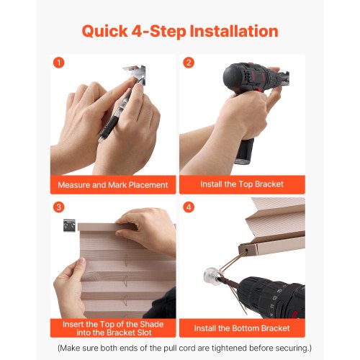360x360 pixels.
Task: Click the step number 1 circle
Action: pyautogui.click(x=58, y=63)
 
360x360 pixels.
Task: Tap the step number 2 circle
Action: pyautogui.click(x=189, y=63)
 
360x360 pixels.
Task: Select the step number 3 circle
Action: pyautogui.click(x=58, y=207)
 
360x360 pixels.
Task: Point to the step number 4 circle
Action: pyautogui.click(x=189, y=207)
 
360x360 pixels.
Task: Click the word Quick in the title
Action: pyautogui.click(x=105, y=31)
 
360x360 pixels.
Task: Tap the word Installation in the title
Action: pyautogui.click(x=234, y=31)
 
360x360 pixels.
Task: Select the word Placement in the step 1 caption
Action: pyautogui.click(x=148, y=185)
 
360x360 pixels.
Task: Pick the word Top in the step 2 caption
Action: pyautogui.click(x=246, y=184)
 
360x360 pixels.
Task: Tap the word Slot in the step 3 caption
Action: pyautogui.click(x=145, y=333)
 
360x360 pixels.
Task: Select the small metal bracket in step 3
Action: pyautogui.click(x=69, y=225)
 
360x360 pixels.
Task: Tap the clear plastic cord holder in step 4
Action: pyautogui.click(x=213, y=276)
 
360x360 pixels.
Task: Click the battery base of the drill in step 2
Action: pyautogui.click(x=243, y=152)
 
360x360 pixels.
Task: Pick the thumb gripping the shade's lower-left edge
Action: pyautogui.click(x=78, y=268)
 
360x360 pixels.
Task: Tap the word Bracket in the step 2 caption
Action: pyautogui.click(x=269, y=184)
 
